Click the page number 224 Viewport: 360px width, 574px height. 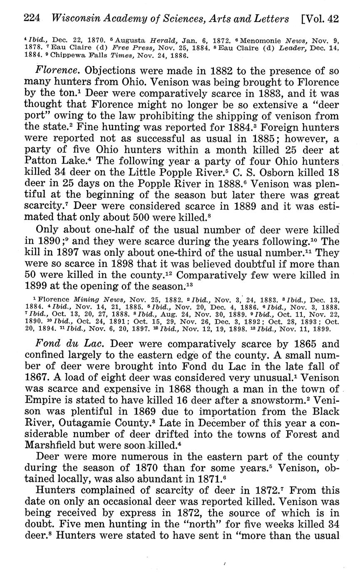tap(32, 18)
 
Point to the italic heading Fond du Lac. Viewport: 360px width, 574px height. tap(62, 344)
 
